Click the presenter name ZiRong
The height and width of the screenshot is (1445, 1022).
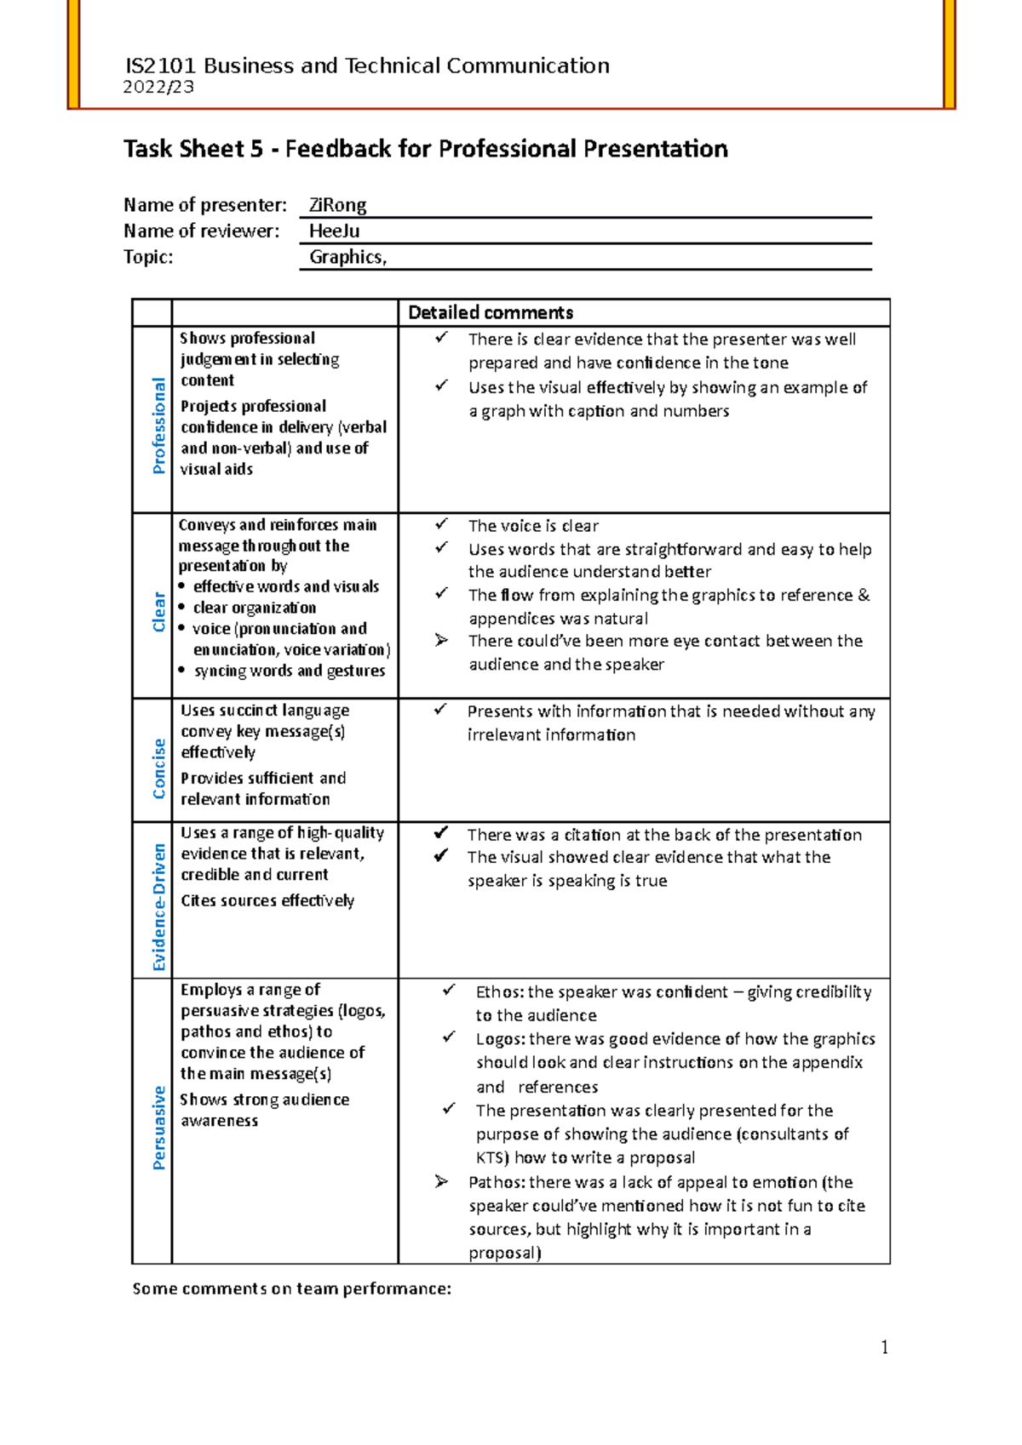click(337, 205)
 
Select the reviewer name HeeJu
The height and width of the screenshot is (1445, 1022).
click(334, 231)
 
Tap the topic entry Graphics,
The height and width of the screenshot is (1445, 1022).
click(347, 257)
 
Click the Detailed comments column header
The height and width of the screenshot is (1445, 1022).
click(491, 312)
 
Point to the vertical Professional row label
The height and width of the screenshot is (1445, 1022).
click(158, 426)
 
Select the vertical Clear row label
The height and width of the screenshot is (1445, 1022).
click(158, 612)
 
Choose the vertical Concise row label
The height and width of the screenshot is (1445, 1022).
click(158, 768)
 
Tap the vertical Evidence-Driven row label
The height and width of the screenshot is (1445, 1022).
click(158, 906)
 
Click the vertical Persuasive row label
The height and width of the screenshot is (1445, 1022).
click(158, 1128)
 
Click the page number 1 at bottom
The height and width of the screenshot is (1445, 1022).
click(884, 1346)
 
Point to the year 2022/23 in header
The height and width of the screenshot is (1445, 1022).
click(158, 87)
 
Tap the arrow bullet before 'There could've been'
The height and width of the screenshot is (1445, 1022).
click(440, 640)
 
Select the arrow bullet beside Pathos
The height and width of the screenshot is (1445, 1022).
click(440, 1181)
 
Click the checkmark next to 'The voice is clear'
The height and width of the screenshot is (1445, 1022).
click(440, 524)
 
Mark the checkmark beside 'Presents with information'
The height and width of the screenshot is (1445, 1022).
click(440, 709)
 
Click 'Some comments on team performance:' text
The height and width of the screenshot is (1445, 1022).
click(291, 1288)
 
